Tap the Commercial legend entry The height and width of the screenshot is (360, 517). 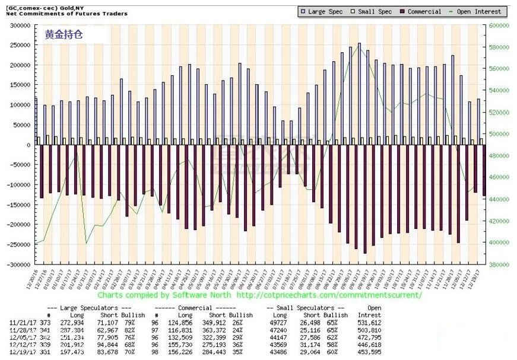424,11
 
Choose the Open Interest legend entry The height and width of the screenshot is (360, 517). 479,11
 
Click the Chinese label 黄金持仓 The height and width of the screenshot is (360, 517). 64,34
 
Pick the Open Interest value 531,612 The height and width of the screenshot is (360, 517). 369,322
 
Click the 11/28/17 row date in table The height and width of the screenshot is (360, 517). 22,329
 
